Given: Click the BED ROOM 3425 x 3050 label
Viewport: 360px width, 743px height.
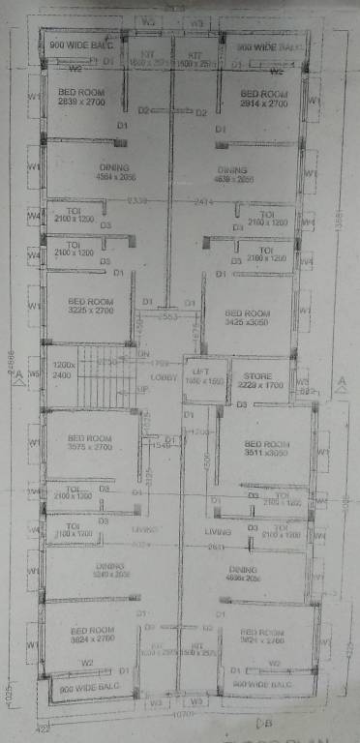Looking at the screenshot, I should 247,318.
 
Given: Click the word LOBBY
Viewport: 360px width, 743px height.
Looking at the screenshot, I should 165,378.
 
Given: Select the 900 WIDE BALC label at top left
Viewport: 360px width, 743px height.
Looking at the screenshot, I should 81,45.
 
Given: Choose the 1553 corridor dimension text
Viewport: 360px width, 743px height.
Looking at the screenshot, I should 170,317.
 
